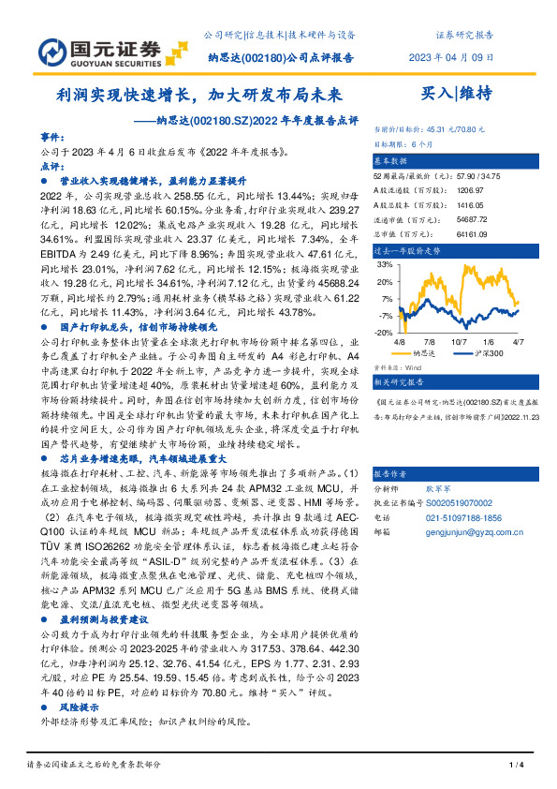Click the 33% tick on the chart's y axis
pyautogui.click(x=386, y=265)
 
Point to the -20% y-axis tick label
pyautogui.click(x=384, y=333)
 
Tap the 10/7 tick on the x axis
pyautogui.click(x=459, y=343)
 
